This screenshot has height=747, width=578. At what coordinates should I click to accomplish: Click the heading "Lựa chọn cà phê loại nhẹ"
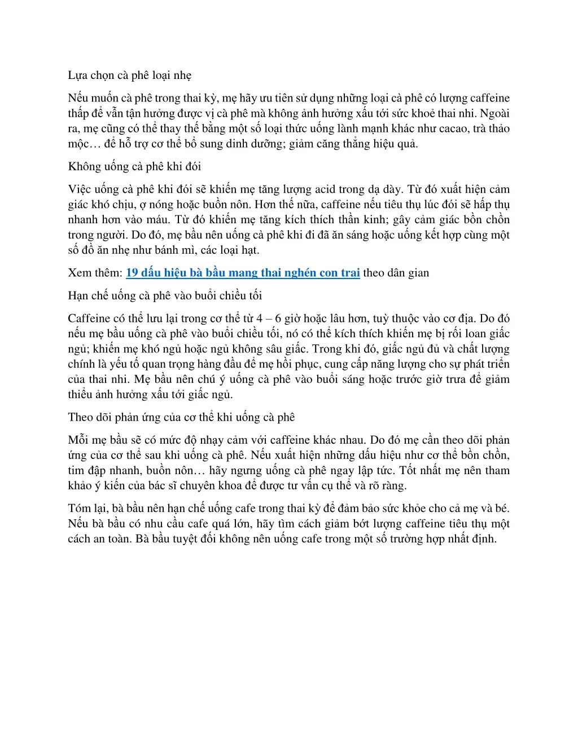(x=130, y=76)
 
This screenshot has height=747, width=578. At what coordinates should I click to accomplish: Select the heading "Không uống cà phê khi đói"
(x=134, y=166)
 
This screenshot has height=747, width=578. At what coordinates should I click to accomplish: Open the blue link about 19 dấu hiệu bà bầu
(x=243, y=273)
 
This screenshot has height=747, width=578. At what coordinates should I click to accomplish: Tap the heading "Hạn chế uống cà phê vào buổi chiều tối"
(x=165, y=295)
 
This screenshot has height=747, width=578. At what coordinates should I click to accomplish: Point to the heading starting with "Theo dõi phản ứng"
(x=181, y=417)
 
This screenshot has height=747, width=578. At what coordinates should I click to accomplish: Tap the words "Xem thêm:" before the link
(x=95, y=273)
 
